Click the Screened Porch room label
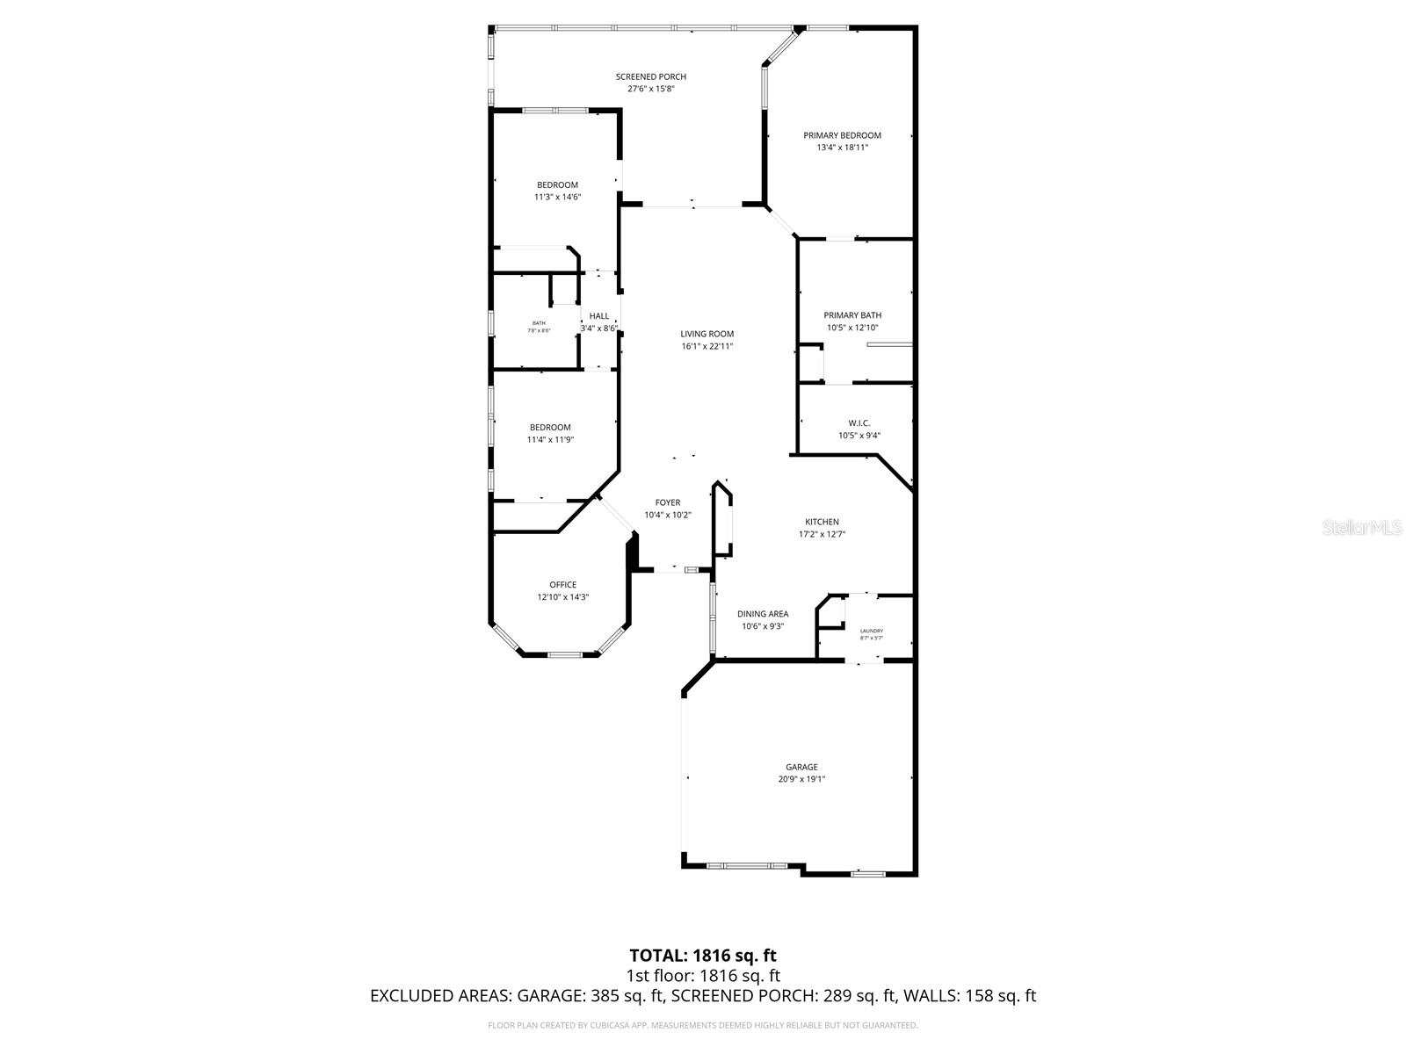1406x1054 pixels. [x=650, y=77]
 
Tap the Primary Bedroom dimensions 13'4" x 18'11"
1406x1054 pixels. [x=842, y=148]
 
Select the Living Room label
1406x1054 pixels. [x=707, y=334]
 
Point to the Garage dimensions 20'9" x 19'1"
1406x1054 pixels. [x=801, y=779]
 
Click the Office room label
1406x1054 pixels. [x=563, y=585]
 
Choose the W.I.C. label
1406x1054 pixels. [x=859, y=423]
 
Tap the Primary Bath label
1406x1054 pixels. [x=852, y=315]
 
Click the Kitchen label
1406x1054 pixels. [x=822, y=522]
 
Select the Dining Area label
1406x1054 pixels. [x=762, y=614]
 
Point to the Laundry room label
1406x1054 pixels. [x=871, y=631]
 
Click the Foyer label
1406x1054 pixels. [x=668, y=503]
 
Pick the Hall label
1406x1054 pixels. [x=598, y=316]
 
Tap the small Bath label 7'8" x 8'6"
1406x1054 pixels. [x=539, y=323]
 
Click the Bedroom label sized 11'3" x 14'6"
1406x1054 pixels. [x=557, y=185]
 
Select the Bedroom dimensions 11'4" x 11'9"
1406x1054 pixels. [x=550, y=440]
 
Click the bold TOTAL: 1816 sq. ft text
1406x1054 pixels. [x=703, y=955]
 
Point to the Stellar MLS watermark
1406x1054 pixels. [x=1361, y=528]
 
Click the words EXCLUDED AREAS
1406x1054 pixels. [x=439, y=996]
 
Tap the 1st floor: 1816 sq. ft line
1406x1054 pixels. [x=703, y=976]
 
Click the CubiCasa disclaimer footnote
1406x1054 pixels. [x=703, y=1025]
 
